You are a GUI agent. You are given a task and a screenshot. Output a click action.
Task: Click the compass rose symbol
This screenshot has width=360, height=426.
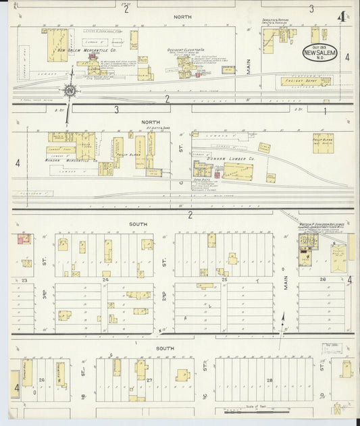point(70,90)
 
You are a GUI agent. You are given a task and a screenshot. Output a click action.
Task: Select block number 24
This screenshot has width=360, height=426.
point(105,279)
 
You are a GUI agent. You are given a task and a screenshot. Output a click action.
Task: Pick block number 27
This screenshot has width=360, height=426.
point(149,381)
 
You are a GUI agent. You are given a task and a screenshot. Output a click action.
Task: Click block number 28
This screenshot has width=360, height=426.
point(269,381)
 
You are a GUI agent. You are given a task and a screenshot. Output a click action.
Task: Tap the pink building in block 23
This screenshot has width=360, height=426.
point(24,238)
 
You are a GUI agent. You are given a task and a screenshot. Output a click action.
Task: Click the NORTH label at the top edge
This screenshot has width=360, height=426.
point(182,16)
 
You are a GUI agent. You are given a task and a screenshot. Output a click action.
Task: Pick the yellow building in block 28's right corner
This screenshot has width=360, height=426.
point(346,370)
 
